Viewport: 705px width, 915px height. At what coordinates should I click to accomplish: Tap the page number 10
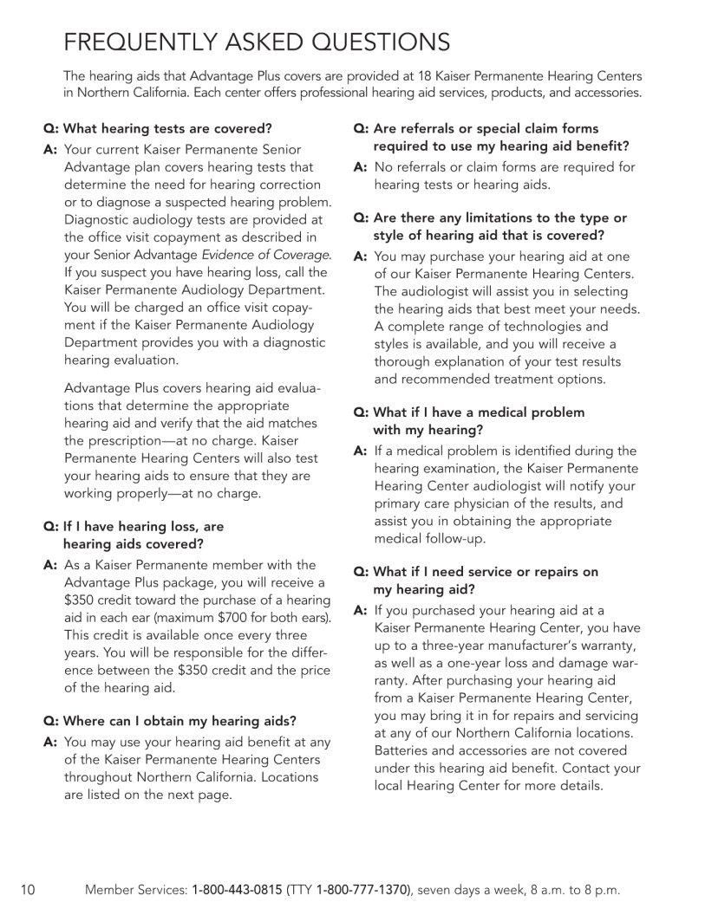(27, 890)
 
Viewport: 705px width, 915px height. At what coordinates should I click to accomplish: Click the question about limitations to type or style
(490, 226)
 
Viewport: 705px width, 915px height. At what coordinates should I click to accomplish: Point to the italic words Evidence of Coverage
(265, 254)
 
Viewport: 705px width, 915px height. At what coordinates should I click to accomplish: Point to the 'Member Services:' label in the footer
(134, 890)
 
